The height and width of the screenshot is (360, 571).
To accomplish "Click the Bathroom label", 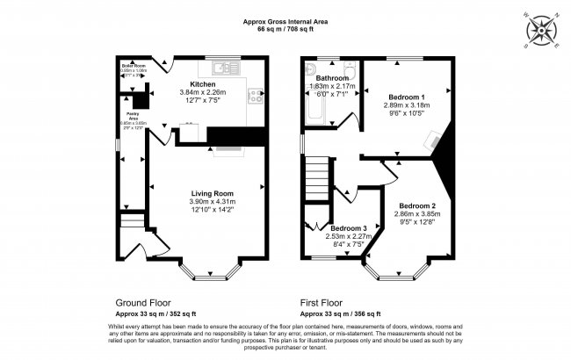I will [332, 78].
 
